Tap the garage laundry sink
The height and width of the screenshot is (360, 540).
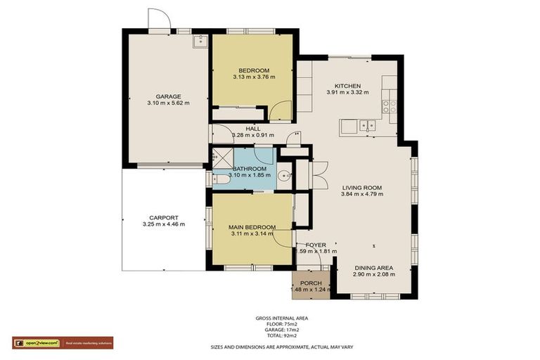(x=200, y=40)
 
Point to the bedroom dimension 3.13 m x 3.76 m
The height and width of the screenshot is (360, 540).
(x=254, y=77)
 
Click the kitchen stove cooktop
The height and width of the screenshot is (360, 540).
(x=389, y=106)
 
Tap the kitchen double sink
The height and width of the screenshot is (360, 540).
(x=366, y=127)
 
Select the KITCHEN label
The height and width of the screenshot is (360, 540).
(x=347, y=86)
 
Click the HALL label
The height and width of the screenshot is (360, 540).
(x=253, y=129)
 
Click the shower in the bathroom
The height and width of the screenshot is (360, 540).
(x=222, y=158)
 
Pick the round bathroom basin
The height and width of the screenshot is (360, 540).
(x=283, y=176)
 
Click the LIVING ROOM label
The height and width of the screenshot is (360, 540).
(x=362, y=188)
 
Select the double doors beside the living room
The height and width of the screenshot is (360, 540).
(x=319, y=175)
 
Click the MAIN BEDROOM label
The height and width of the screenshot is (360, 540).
(x=252, y=227)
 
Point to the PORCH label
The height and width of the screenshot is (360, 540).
(x=311, y=283)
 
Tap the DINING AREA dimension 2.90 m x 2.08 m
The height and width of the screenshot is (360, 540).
(x=374, y=274)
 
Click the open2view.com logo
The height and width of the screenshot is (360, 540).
(x=36, y=343)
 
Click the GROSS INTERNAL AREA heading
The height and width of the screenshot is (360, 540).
(x=281, y=318)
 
